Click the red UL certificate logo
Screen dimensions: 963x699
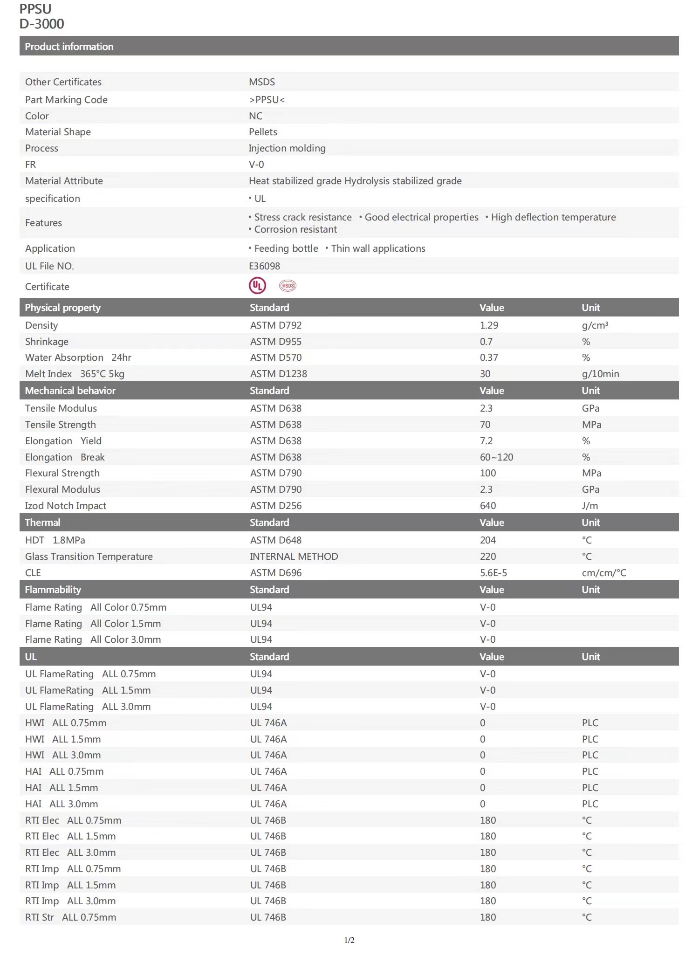point(257,286)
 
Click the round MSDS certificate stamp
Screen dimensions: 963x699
point(288,286)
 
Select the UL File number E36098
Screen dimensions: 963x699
point(264,266)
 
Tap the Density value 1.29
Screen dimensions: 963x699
point(489,325)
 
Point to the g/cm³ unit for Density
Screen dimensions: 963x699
point(595,325)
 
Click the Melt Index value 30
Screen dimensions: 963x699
point(485,374)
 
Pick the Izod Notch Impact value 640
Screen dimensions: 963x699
point(488,506)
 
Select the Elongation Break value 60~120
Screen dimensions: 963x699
point(496,457)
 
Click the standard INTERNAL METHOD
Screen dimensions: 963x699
point(294,557)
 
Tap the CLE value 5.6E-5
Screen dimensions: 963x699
point(493,573)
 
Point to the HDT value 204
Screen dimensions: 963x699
point(488,540)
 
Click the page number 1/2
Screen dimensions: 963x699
point(349,940)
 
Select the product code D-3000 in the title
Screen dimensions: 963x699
point(42,24)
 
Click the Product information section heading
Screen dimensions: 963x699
point(69,47)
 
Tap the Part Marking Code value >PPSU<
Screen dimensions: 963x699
point(267,100)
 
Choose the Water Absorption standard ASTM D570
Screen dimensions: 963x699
point(276,358)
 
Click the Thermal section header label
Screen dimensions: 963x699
point(42,523)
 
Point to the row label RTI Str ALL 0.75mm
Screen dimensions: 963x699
point(70,917)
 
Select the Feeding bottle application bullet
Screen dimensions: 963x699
point(286,248)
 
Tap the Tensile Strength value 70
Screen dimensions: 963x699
point(485,425)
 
